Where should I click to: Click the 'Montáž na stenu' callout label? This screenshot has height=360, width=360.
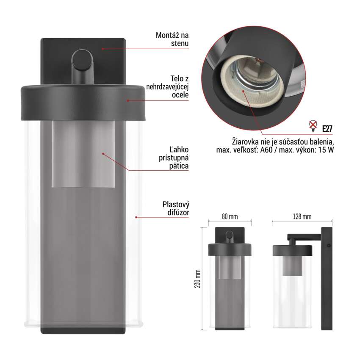(172, 39)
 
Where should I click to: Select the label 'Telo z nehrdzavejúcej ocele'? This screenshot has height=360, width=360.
(167, 87)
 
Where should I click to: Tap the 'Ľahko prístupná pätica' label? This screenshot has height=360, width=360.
(174, 158)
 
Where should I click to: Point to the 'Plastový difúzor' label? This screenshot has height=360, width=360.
(176, 208)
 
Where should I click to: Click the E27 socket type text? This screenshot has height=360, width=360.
(327, 129)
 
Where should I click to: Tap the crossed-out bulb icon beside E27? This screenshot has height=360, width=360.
(313, 126)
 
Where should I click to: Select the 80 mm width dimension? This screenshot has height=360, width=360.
(230, 216)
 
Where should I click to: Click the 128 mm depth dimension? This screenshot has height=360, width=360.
(302, 216)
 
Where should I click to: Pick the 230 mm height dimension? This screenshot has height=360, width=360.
(198, 279)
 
